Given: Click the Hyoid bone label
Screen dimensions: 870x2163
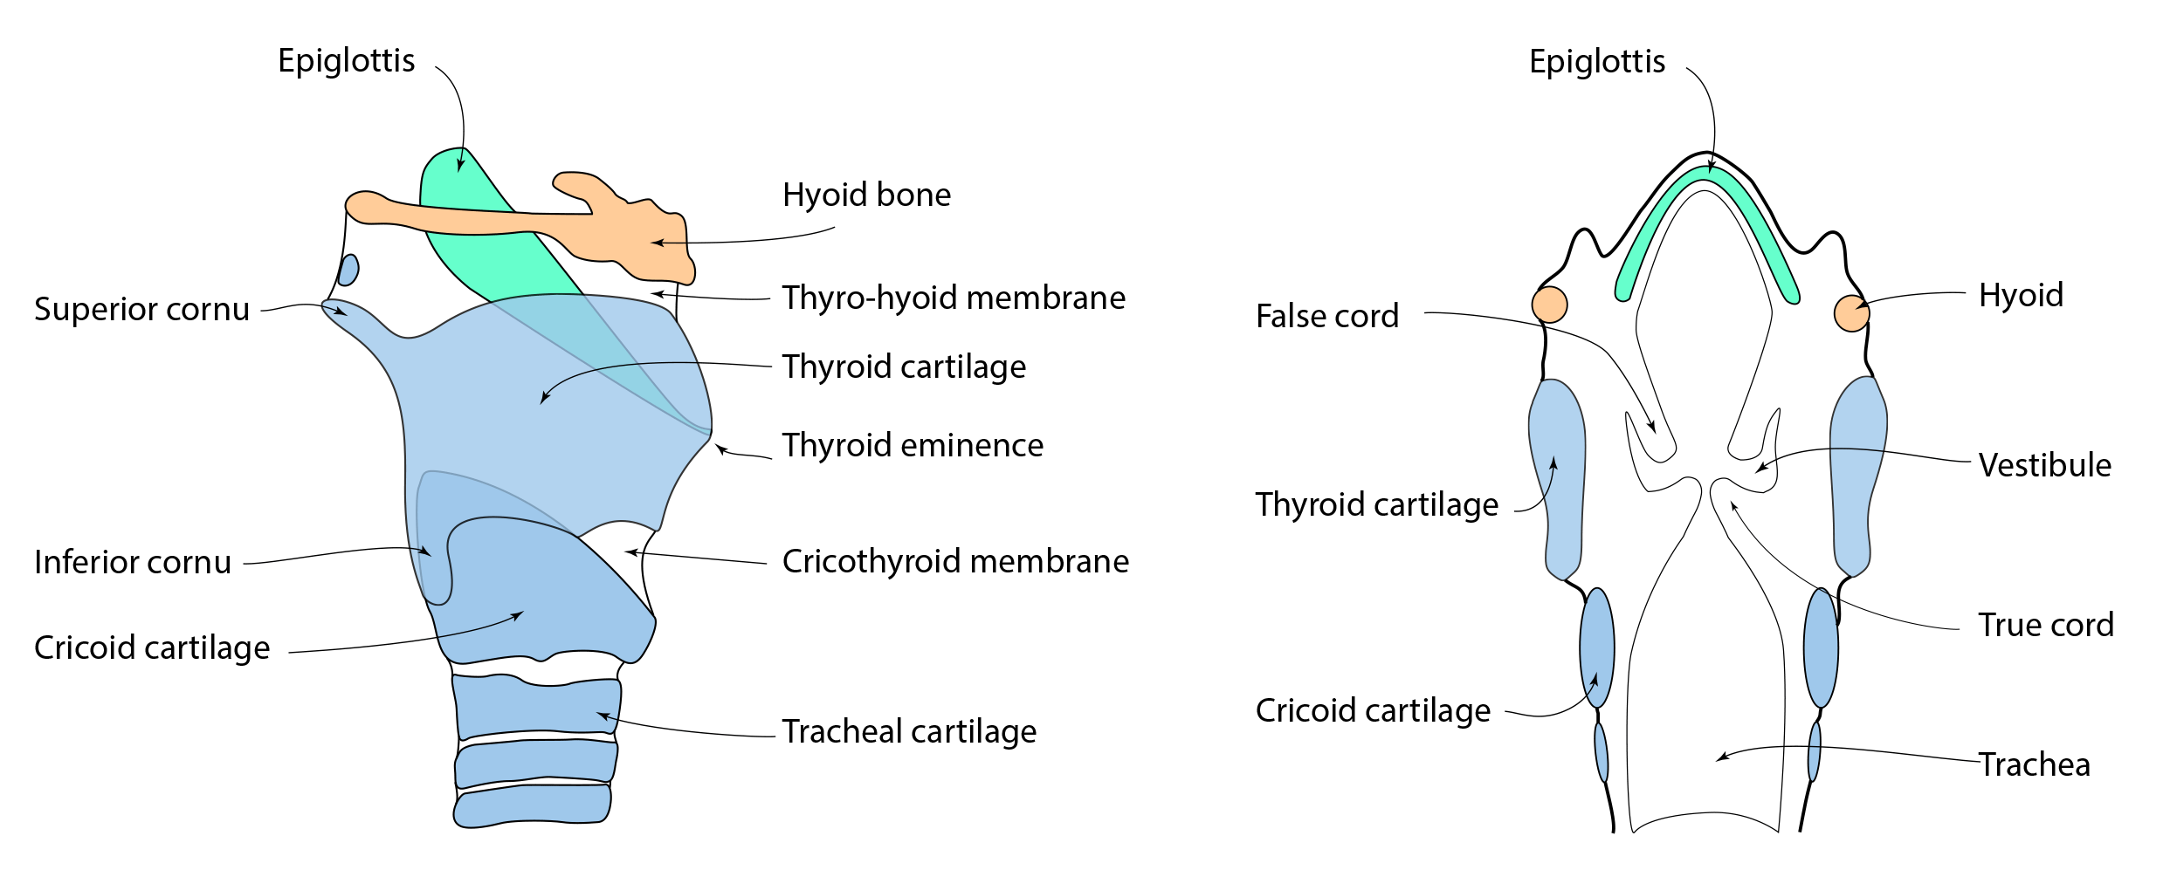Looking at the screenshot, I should [x=866, y=195].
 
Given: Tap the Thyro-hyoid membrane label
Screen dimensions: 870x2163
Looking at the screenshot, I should [x=954, y=298].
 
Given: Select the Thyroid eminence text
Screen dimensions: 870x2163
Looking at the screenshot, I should [x=913, y=445].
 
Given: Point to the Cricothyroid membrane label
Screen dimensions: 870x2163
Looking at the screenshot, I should [x=955, y=561].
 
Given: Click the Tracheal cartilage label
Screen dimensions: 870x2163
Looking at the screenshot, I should [x=909, y=731].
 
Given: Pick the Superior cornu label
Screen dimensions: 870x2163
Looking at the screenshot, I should [x=141, y=309].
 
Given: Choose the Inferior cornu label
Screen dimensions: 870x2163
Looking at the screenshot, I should [x=133, y=562].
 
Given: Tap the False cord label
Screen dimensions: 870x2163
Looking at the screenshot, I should [x=1326, y=316].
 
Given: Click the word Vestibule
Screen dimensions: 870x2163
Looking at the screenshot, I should [x=2044, y=465].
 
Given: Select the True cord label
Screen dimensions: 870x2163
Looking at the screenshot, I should [x=2045, y=625].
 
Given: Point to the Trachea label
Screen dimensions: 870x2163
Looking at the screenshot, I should [x=2034, y=764].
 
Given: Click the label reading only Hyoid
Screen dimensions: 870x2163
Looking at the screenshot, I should [x=2021, y=295].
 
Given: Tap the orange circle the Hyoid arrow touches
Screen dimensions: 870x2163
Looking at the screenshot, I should [x=1850, y=313].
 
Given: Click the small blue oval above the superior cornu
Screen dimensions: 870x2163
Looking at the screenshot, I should [x=348, y=270].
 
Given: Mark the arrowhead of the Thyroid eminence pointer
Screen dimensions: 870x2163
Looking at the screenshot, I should [x=719, y=449].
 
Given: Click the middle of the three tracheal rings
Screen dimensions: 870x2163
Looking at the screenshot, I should [x=535, y=761].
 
